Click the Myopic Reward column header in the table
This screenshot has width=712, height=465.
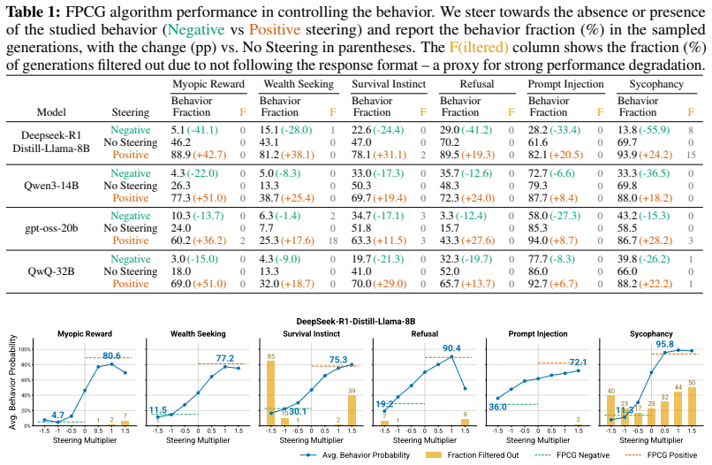(x=208, y=84)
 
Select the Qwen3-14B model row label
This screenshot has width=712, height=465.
(x=51, y=186)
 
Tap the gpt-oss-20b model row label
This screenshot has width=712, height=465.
(x=51, y=228)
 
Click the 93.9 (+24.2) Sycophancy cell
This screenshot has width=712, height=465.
(x=645, y=155)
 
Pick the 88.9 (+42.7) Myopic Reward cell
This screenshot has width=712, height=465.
(x=199, y=155)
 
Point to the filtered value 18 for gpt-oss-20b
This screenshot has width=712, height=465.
(x=333, y=240)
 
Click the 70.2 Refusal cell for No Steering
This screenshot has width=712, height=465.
(x=449, y=142)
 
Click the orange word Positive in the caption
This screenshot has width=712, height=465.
(x=275, y=29)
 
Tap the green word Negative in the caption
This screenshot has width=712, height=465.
(x=196, y=29)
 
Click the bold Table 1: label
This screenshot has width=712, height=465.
(x=33, y=11)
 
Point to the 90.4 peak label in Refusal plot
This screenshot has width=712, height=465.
(x=451, y=348)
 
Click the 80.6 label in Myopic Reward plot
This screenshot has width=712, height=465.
(x=111, y=355)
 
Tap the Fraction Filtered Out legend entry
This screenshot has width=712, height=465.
(x=473, y=455)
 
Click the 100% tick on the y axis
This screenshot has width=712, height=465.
(x=25, y=349)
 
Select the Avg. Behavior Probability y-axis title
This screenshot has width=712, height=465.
(x=12, y=382)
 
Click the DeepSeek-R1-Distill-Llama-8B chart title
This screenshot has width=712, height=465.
(x=355, y=322)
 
